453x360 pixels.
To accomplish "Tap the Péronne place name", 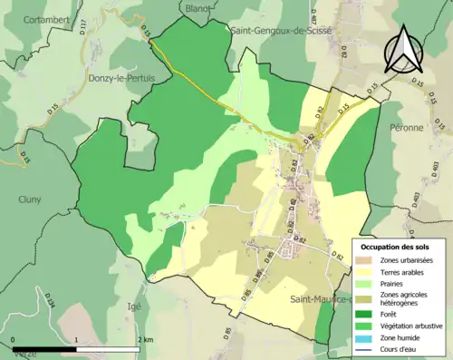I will [408, 128].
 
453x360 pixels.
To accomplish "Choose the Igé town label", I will [137, 306].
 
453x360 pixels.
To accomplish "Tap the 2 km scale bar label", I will [145, 339].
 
